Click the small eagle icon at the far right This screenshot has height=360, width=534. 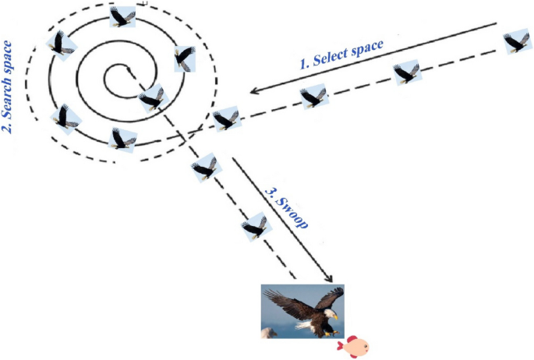[x=516, y=42]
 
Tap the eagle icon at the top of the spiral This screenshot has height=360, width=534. [x=122, y=16]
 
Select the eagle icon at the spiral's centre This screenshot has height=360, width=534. [x=150, y=97]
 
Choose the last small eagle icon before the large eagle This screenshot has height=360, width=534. [x=254, y=227]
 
